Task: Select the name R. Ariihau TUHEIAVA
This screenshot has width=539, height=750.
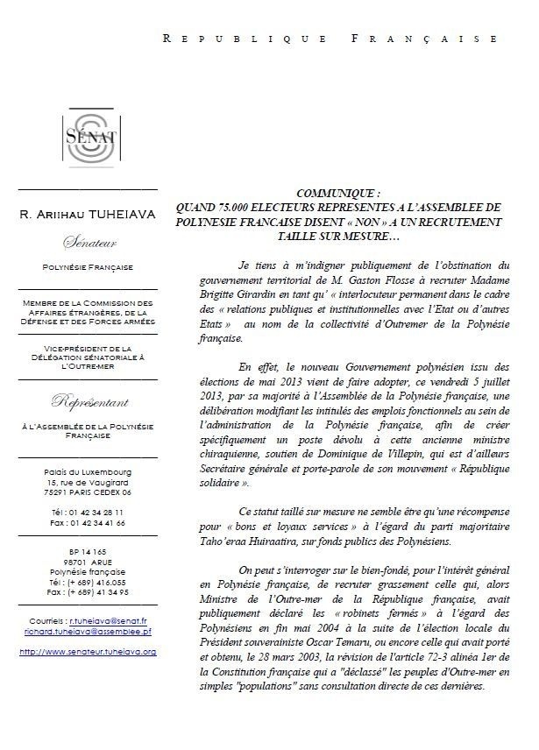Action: point(88,215)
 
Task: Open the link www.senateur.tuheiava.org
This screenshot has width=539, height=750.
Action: point(88,652)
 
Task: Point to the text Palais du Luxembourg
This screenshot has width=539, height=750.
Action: point(88,471)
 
